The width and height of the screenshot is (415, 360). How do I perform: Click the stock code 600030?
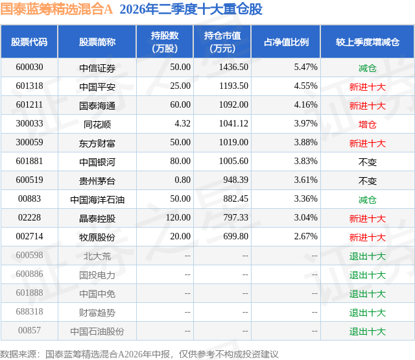click(29, 67)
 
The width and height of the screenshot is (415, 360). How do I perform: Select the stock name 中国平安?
click(97, 87)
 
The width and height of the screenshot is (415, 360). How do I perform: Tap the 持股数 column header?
click(165, 42)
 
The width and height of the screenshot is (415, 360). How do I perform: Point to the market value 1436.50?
click(233, 67)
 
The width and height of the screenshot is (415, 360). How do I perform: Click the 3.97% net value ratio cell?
click(305, 124)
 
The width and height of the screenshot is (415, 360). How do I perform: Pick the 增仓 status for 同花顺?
click(368, 125)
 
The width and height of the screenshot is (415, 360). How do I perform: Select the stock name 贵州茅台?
click(97, 181)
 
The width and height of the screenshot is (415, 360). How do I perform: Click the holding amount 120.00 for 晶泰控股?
click(178, 217)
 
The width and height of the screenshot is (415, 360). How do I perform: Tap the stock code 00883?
click(29, 198)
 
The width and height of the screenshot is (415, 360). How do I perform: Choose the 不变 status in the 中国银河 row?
click(368, 162)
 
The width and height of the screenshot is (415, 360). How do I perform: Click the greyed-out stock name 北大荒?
click(97, 256)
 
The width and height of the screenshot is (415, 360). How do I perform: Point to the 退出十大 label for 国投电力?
click(368, 275)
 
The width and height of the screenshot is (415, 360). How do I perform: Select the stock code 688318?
click(29, 311)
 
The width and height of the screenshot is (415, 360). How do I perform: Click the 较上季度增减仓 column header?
click(368, 42)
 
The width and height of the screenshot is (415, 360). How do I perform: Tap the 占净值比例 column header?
click(286, 42)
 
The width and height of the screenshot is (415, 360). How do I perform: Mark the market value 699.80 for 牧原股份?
click(236, 236)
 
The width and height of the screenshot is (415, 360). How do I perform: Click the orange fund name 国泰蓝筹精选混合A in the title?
click(56, 9)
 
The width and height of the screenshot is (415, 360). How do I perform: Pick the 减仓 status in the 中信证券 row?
click(368, 68)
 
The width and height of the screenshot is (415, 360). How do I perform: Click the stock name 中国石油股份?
click(97, 331)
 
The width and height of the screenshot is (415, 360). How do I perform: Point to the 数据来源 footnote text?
click(139, 354)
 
